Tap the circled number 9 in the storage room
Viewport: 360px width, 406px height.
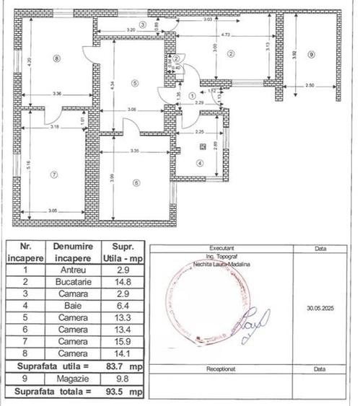(x=311, y=55)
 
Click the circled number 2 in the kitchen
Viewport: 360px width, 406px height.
(x=231, y=53)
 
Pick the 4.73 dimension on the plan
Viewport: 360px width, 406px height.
(x=225, y=35)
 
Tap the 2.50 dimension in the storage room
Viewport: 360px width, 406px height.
(x=310, y=86)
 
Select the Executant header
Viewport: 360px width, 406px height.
(x=221, y=246)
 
